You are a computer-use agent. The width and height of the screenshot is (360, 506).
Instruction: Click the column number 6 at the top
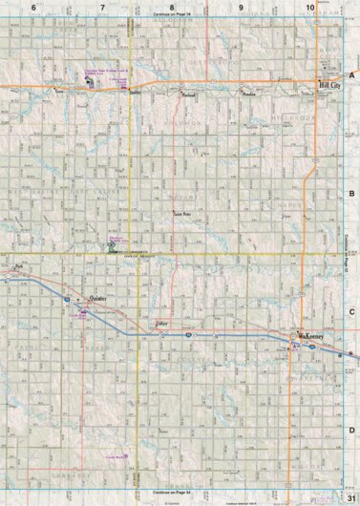[33, 8]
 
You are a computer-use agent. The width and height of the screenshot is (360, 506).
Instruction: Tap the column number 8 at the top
[172, 8]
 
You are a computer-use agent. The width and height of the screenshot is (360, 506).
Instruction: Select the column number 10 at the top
[310, 8]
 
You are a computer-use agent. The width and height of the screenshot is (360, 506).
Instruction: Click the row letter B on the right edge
[351, 193]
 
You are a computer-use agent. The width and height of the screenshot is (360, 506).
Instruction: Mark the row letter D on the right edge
[351, 431]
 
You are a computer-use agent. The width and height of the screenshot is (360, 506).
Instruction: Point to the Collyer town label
[161, 325]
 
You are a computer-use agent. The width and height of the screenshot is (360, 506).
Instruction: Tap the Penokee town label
[250, 95]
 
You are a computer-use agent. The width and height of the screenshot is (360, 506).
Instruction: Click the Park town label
[18, 272]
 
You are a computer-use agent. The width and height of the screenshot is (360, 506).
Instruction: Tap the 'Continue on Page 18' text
[173, 16]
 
